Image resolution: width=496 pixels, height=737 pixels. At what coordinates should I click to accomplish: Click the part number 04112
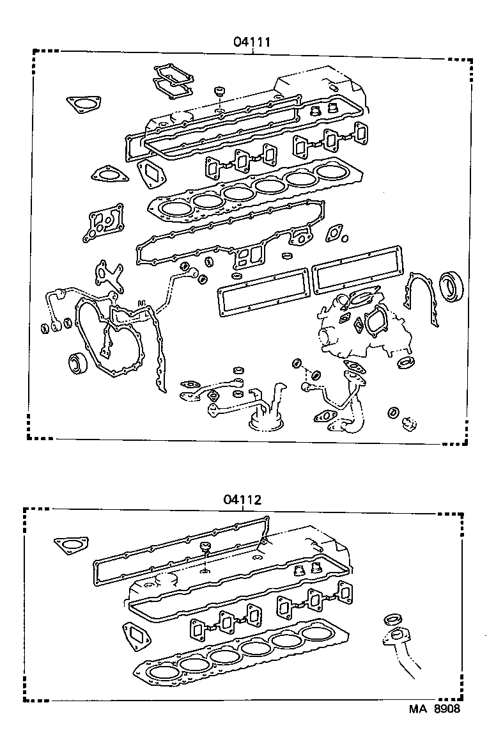[242, 500]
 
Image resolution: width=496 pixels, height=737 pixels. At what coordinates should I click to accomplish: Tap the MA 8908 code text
[434, 709]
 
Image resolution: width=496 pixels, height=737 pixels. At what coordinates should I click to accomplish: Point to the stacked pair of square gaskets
[171, 81]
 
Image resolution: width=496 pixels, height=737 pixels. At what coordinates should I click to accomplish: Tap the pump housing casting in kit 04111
[358, 326]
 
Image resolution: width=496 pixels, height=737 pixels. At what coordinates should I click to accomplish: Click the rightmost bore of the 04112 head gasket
[320, 633]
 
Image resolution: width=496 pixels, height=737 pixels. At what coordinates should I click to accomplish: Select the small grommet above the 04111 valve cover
[221, 90]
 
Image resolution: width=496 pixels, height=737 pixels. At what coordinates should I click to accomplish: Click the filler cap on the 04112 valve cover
[206, 548]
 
